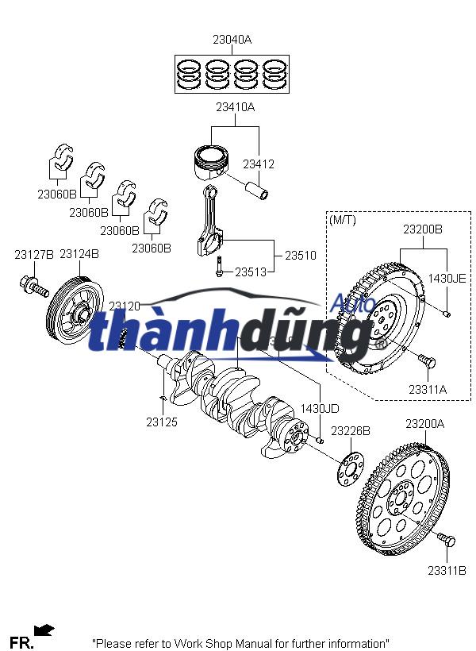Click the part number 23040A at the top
(x=232, y=39)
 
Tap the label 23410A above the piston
(x=235, y=106)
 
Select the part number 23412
(x=259, y=164)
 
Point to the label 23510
(x=301, y=256)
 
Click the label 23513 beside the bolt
(x=251, y=272)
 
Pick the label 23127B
(x=34, y=255)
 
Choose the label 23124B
(x=79, y=255)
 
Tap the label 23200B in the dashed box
(x=423, y=229)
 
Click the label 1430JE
(x=447, y=278)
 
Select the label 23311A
(x=428, y=389)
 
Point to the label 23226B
(x=351, y=431)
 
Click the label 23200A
(x=425, y=424)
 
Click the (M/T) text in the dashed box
(x=343, y=219)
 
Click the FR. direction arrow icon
(x=44, y=630)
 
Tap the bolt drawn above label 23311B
(x=447, y=541)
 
